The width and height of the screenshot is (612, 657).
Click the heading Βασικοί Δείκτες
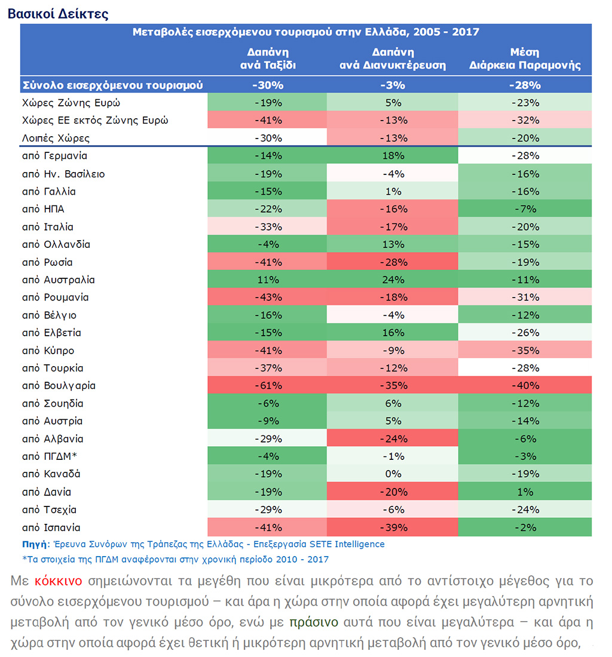pyautogui.click(x=58, y=14)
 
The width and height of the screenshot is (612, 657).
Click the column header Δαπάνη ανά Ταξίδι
pyautogui.click(x=268, y=59)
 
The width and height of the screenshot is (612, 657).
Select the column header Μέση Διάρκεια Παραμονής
pyautogui.click(x=525, y=59)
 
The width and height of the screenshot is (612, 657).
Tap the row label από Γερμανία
pyautogui.click(x=54, y=156)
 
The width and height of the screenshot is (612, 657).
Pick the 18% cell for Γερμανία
pyautogui.click(x=393, y=156)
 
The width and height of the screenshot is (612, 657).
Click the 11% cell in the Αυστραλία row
pyautogui.click(x=268, y=280)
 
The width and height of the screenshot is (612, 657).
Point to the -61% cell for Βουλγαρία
pyautogui.click(x=268, y=386)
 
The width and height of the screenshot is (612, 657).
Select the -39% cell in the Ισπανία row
pyautogui.click(x=393, y=528)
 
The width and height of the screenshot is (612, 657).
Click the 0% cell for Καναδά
pyautogui.click(x=393, y=474)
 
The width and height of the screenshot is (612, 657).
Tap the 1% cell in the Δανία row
pyautogui.click(x=525, y=492)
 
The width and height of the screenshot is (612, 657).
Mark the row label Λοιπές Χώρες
pyautogui.click(x=56, y=138)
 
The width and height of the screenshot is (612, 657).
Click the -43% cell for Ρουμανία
pyautogui.click(x=268, y=297)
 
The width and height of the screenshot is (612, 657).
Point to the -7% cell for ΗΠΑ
pyautogui.click(x=525, y=209)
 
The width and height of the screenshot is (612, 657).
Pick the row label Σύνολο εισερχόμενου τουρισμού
pyautogui.click(x=112, y=85)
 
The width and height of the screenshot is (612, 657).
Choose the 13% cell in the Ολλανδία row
pyautogui.click(x=393, y=244)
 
